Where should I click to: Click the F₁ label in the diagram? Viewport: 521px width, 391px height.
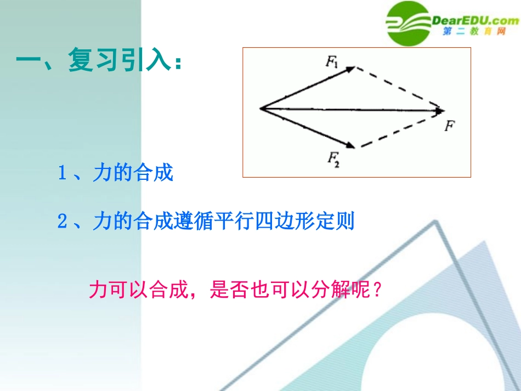[332, 62]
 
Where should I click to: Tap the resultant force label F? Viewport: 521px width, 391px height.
[449, 126]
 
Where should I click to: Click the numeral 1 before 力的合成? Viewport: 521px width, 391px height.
[62, 174]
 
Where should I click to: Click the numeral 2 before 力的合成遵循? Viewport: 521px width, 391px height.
[62, 222]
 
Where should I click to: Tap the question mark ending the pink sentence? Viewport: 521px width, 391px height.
[376, 289]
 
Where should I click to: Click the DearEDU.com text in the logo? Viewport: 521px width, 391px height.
[475, 21]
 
